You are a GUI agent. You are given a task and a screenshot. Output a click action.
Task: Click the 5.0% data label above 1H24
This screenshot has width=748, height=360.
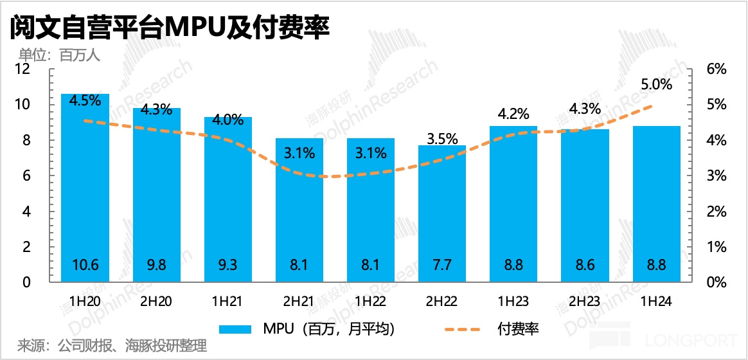coord(656,84)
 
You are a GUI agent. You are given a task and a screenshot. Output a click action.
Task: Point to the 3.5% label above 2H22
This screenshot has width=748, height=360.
coord(443,138)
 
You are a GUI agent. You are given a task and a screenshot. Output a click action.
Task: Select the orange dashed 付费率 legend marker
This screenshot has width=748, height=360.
coord(462,330)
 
